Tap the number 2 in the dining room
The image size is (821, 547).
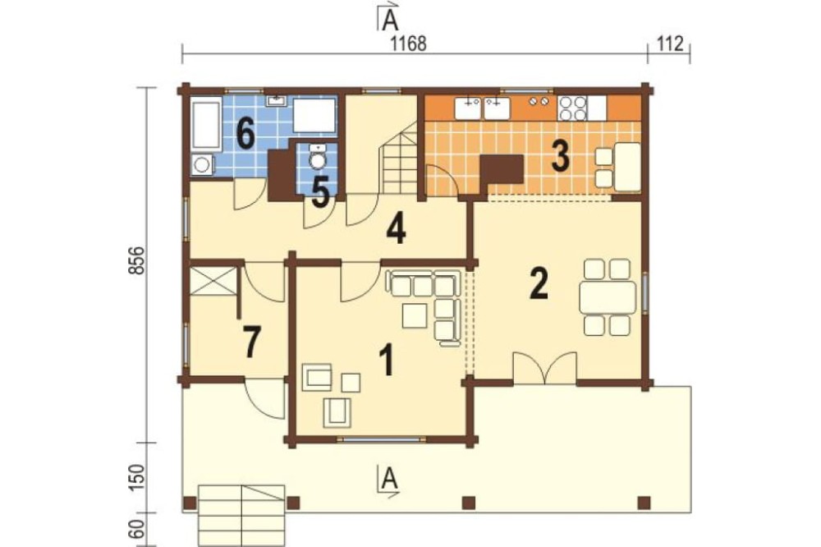point(539,283)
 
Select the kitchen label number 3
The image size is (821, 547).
point(560,155)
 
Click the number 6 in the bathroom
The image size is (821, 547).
point(245,134)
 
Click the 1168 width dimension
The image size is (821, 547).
point(409,44)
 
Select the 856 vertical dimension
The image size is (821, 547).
point(135,260)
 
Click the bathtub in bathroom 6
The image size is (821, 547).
point(205,125)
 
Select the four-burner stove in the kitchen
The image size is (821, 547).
point(572,108)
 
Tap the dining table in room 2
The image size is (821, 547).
point(608,297)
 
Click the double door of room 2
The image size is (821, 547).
point(546,369)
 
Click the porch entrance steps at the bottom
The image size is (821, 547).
point(241,515)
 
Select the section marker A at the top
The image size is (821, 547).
point(388,17)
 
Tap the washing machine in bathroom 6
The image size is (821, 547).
point(202,164)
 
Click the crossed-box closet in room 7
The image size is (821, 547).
point(212,282)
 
